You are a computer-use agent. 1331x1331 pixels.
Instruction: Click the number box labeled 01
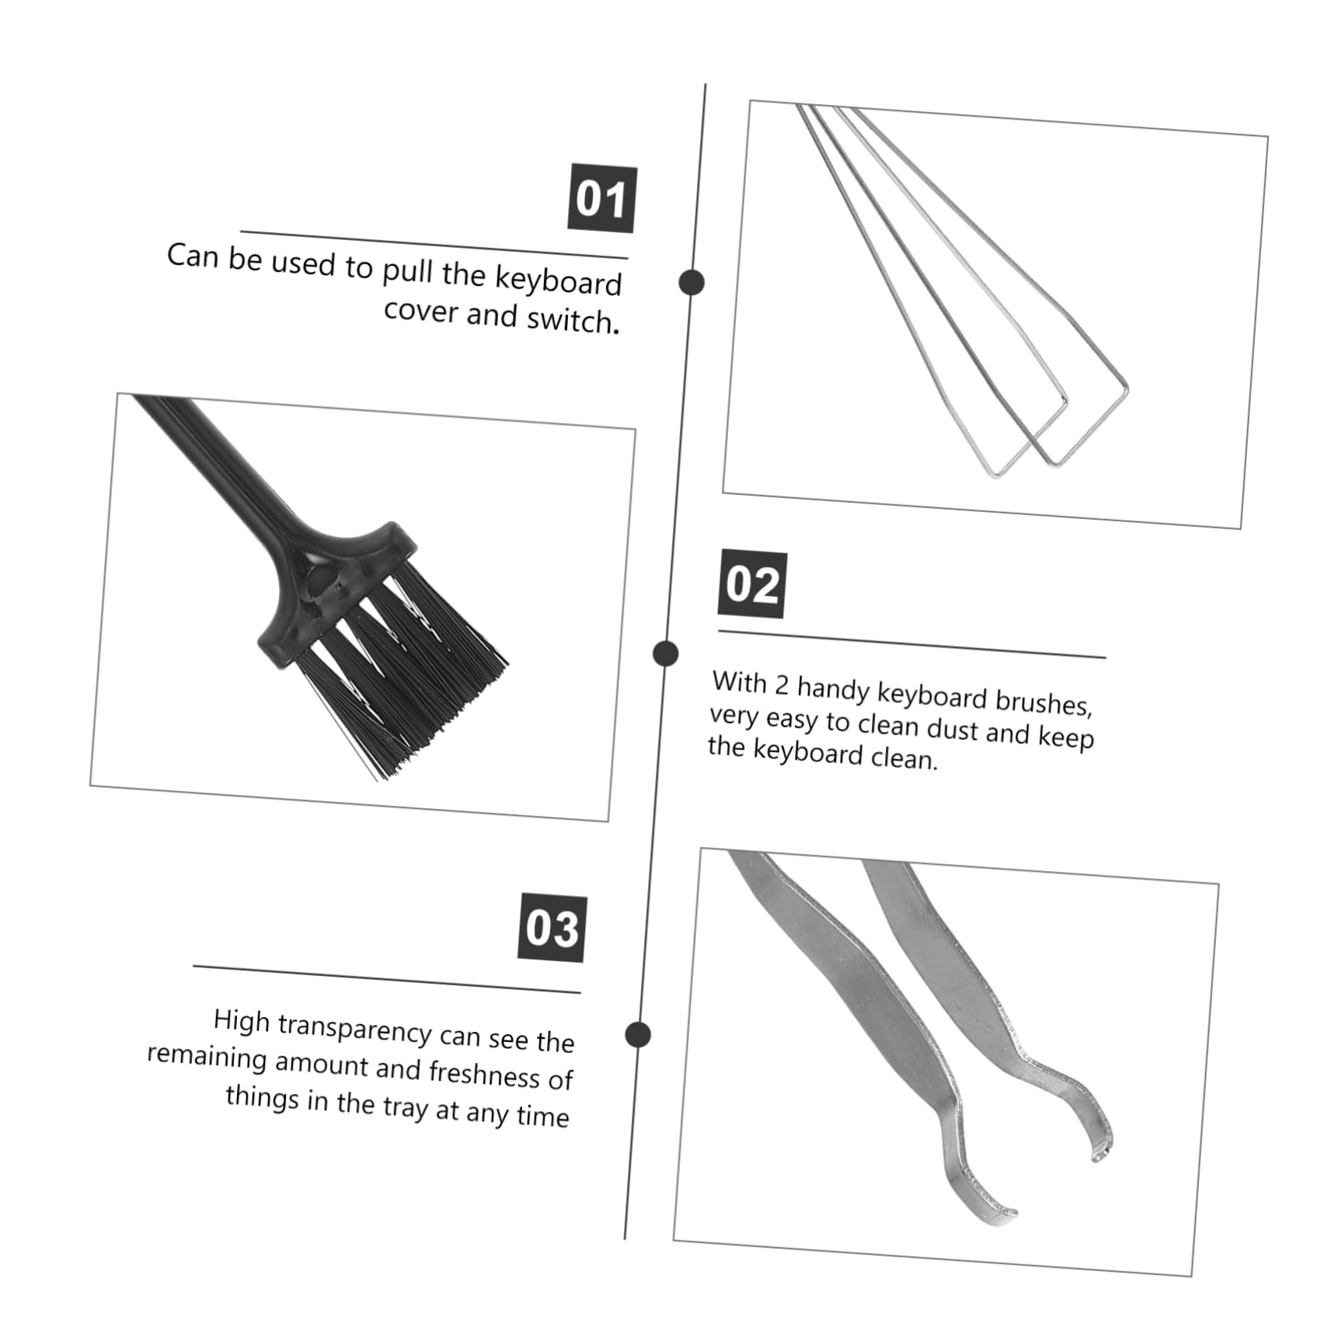coord(601,199)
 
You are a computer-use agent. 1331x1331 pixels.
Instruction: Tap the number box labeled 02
coord(751,584)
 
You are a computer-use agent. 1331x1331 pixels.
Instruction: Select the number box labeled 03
coord(552,929)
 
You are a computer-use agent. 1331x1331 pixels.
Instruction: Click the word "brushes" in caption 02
coord(1042,701)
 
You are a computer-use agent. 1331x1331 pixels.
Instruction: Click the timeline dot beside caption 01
coord(691,282)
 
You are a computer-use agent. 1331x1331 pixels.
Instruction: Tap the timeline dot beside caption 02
coord(665,653)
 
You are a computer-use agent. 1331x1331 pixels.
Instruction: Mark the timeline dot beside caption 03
coord(638,1034)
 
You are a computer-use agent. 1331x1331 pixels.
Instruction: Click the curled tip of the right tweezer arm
coord(1100,1153)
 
